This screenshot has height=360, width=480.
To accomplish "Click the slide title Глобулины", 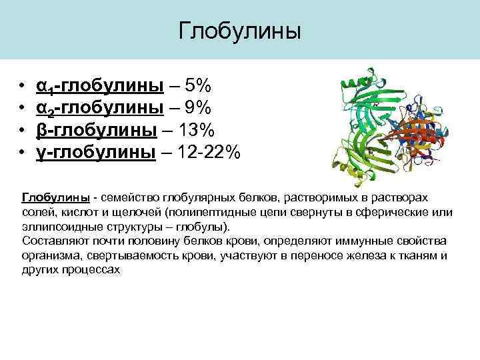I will click(x=240, y=31).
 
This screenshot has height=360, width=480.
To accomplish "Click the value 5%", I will click(x=198, y=86).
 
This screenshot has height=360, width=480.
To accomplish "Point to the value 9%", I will click(x=198, y=108).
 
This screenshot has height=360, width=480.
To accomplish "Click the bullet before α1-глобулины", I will click(x=23, y=87).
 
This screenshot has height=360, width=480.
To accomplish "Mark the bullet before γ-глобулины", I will click(x=23, y=152).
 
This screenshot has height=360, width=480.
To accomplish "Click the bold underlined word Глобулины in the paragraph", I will click(x=56, y=198).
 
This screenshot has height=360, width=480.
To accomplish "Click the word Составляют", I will click(x=53, y=241).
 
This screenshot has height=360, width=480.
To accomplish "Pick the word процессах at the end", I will click(x=91, y=270).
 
